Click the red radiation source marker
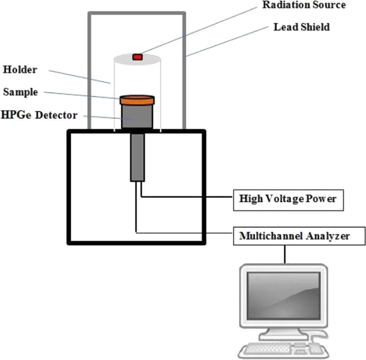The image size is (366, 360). click(137, 56)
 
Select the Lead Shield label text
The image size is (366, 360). click(301, 27)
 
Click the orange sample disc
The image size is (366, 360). click(137, 100)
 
